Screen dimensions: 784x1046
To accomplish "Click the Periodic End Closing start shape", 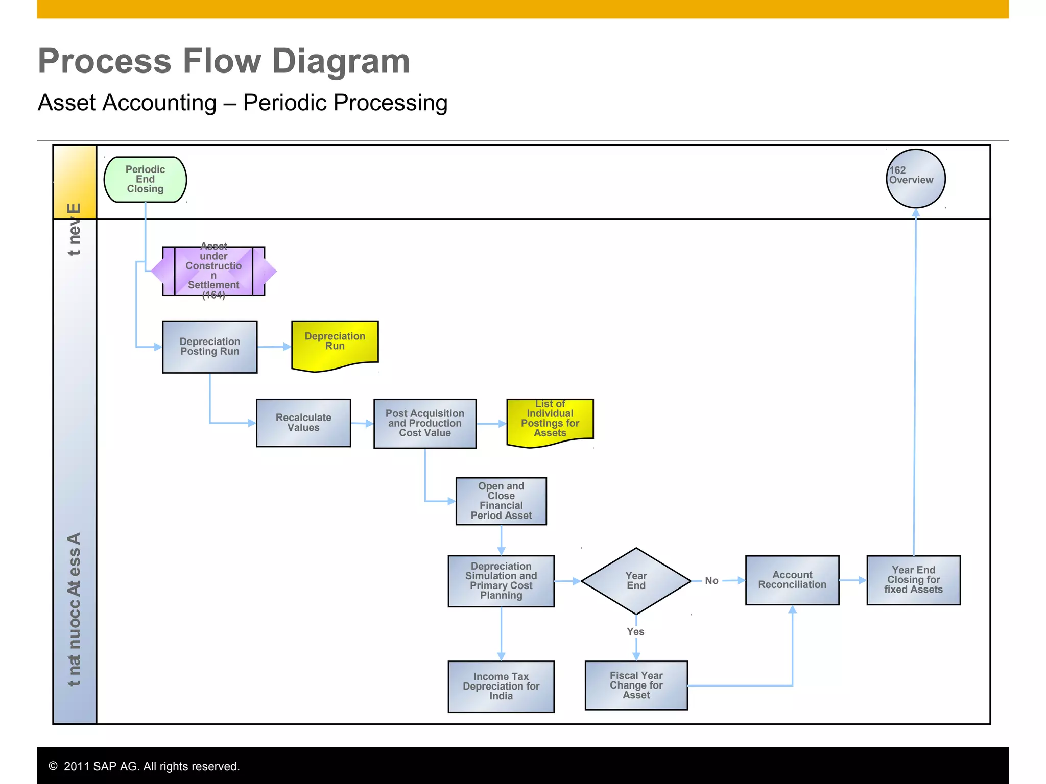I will click(x=145, y=180).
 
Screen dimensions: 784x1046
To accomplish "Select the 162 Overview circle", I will click(x=915, y=179).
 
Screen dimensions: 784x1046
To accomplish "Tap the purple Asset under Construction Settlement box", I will click(x=213, y=271).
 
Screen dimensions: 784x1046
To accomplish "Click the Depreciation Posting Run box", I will click(x=209, y=347).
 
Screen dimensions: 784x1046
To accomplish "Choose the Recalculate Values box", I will click(x=303, y=423).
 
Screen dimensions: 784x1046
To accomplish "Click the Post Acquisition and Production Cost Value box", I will click(x=424, y=423).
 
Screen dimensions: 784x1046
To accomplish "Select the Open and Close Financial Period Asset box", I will click(x=501, y=501).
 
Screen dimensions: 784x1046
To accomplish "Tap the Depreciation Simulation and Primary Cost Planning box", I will click(x=501, y=581).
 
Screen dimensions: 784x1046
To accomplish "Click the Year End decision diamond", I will click(x=636, y=581).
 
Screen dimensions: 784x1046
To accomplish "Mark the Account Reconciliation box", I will click(x=792, y=580).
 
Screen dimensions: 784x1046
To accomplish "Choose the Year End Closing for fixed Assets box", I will click(x=913, y=580).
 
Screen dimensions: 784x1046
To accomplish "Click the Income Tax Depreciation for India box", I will click(x=501, y=686).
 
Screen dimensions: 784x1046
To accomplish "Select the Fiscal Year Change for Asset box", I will click(x=636, y=685).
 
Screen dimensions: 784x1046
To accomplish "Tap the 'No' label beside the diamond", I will click(x=711, y=581).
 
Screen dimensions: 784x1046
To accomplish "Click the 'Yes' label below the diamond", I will click(x=635, y=632).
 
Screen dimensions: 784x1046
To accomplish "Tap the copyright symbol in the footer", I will click(x=53, y=766).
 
